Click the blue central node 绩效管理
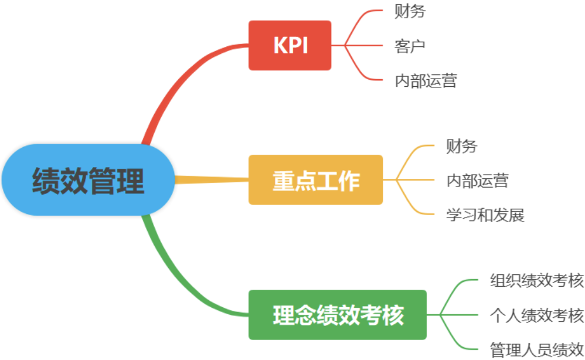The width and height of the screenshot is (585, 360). coord(88,180)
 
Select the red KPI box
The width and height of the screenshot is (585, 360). coord(290,45)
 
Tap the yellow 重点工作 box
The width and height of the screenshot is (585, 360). coord(315,180)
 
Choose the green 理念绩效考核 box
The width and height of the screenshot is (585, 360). coord(338,315)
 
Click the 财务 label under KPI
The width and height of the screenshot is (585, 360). coord(410,11)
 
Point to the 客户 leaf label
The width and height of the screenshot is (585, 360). coord(410,46)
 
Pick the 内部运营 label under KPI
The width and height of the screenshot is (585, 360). coord(426,80)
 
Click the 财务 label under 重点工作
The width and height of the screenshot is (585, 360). coord(461,146)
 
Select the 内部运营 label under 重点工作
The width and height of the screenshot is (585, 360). coord(477,180)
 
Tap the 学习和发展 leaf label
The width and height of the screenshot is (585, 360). coord(485,215)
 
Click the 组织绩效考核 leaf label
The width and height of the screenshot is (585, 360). coord(536,281)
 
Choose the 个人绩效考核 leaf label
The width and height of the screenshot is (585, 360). coord(536,315)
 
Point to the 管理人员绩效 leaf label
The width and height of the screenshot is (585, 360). coord(536,349)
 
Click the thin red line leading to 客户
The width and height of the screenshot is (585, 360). coord(363,45)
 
